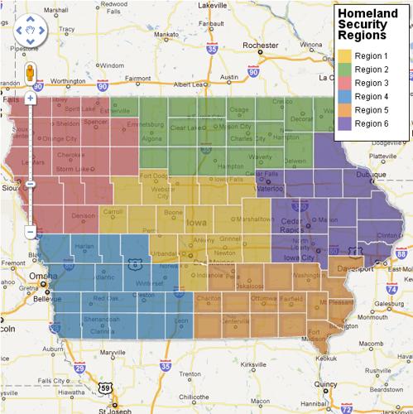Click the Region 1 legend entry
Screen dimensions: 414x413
click(x=370, y=55)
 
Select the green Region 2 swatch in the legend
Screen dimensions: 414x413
click(x=346, y=70)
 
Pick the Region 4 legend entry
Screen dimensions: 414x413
click(x=370, y=96)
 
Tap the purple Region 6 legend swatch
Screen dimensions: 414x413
click(x=346, y=123)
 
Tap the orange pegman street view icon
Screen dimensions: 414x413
click(x=30, y=72)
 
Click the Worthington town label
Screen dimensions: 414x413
click(x=68, y=82)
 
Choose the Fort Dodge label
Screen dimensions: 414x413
click(x=155, y=176)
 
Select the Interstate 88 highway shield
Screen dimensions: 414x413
click(x=400, y=257)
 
